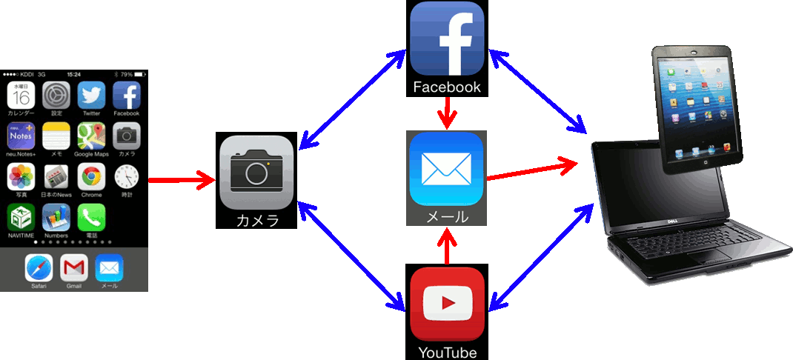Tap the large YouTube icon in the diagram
(447, 304)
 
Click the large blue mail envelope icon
(446, 170)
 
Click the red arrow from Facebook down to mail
(446, 113)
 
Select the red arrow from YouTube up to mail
(446, 245)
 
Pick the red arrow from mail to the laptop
(532, 169)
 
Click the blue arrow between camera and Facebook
(354, 96)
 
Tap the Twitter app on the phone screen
(91, 96)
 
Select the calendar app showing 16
(21, 96)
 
